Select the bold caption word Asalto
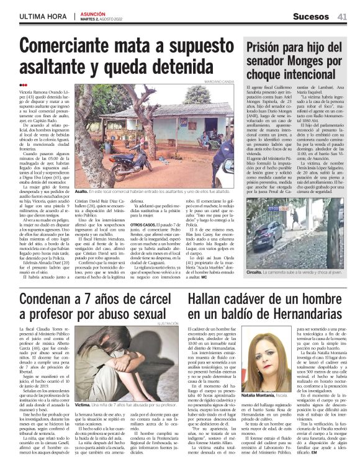[x=83, y=192]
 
